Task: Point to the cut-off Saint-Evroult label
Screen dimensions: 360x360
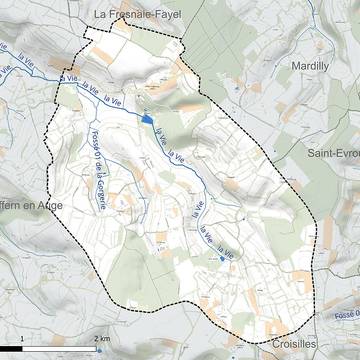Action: coord(333,153)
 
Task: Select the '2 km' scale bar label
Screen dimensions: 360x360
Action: coord(102,340)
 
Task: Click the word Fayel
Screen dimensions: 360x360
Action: coord(166,15)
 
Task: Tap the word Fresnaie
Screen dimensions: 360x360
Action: coord(126,15)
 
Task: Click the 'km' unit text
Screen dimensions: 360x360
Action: coord(105,340)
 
